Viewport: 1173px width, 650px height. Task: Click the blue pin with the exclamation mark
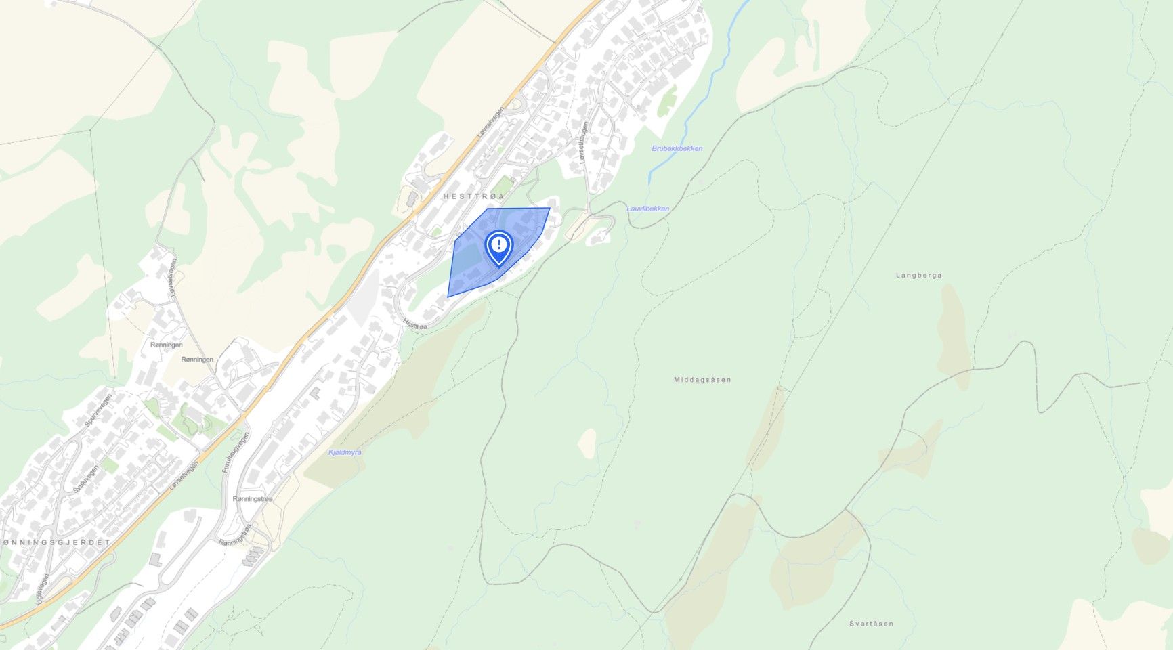coord(499,246)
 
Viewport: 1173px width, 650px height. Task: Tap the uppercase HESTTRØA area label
coord(474,196)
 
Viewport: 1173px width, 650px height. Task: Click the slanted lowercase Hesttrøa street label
coord(414,325)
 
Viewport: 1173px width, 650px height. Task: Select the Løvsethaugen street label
coord(583,142)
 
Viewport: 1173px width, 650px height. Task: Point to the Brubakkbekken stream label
coord(677,148)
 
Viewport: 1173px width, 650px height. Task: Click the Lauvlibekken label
coord(647,209)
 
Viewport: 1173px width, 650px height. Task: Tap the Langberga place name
coord(918,276)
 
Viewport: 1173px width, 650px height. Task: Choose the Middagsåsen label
coord(702,380)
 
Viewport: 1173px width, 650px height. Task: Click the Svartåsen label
coord(871,624)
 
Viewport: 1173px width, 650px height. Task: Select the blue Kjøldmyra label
coord(345,452)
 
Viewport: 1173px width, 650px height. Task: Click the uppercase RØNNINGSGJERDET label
coord(57,543)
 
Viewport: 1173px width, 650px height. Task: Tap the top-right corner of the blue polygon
coord(549,208)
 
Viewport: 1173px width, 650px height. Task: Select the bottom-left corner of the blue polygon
coord(448,297)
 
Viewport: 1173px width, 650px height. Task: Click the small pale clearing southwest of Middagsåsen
coord(587,442)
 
